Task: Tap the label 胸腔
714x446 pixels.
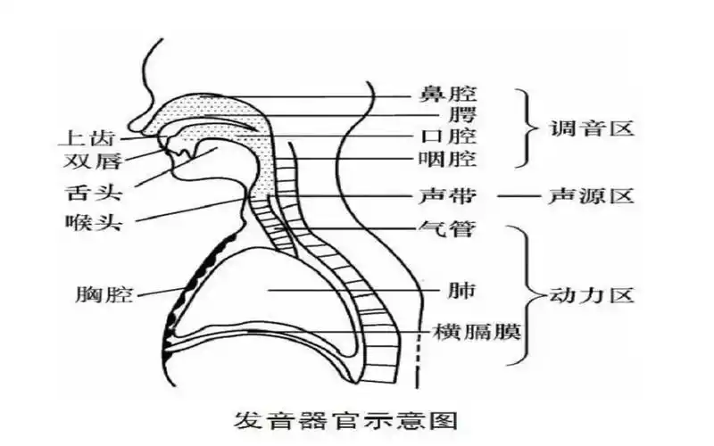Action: pyautogui.click(x=104, y=294)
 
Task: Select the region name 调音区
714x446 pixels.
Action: pyautogui.click(x=592, y=128)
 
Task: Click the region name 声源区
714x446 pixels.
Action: pyautogui.click(x=592, y=195)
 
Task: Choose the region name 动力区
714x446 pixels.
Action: pyautogui.click(x=592, y=295)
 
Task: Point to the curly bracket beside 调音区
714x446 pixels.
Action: pyautogui.click(x=527, y=128)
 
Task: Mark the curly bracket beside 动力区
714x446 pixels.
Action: pyautogui.click(x=527, y=294)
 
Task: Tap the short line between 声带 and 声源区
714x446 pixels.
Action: pyautogui.click(x=516, y=195)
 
